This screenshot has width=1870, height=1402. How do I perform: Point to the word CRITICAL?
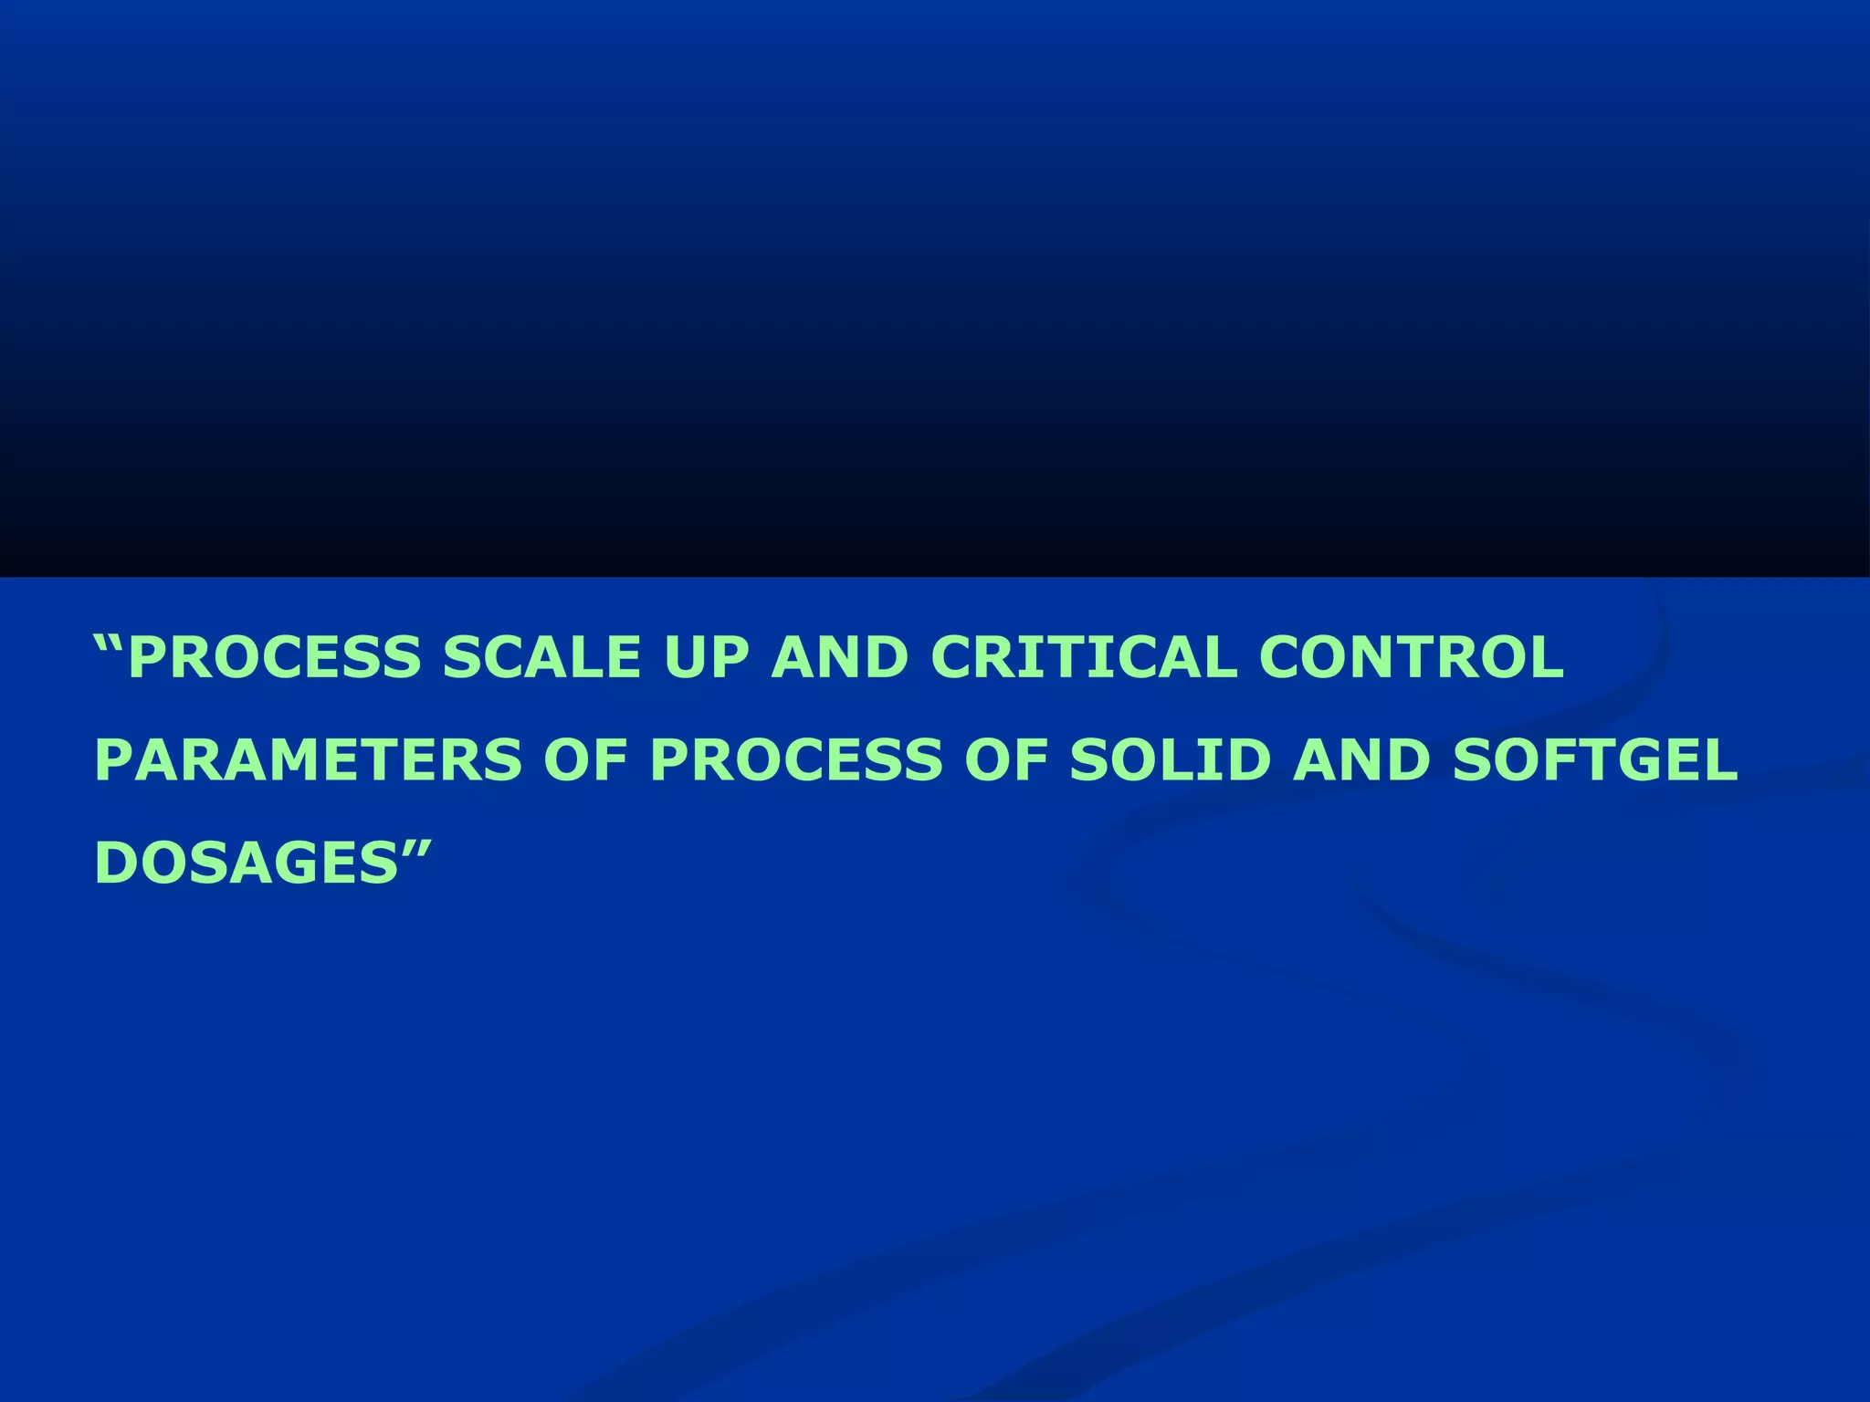pos(1083,657)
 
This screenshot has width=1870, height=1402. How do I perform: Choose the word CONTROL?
pos(1412,657)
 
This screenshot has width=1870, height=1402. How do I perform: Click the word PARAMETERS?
pos(309,759)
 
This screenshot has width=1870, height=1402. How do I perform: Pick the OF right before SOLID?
pos(1006,759)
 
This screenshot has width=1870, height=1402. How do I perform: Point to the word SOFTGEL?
pos(1594,759)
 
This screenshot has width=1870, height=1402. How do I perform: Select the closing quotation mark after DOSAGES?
pos(415,848)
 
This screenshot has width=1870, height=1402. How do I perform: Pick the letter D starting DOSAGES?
pos(115,862)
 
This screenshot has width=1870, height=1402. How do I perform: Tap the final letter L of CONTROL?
pos(1545,657)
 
